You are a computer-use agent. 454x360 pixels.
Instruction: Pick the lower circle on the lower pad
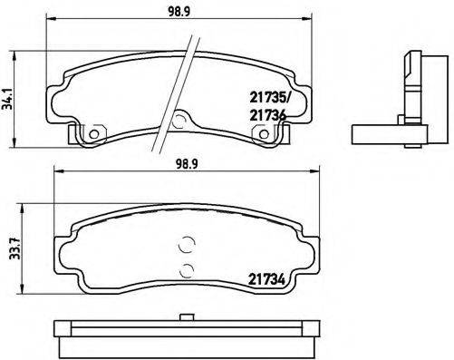[187, 268]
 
